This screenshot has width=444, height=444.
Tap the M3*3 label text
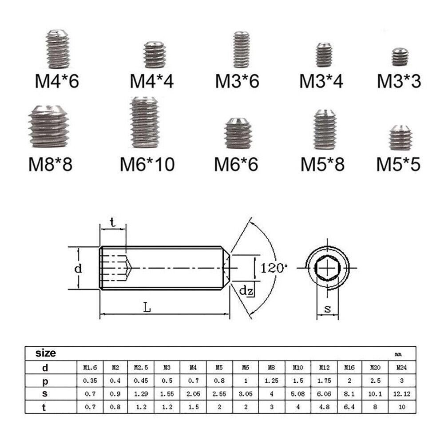point(399,81)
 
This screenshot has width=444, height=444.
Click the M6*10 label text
point(147,164)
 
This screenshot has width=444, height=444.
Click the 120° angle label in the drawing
point(274,268)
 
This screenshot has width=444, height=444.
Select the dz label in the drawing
point(246,291)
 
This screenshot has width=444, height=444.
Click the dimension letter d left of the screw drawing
point(78,269)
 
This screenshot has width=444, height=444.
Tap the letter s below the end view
point(328,310)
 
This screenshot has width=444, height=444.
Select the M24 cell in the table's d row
point(401,368)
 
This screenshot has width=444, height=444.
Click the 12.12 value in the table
point(401,394)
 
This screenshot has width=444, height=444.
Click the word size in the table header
point(46,353)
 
